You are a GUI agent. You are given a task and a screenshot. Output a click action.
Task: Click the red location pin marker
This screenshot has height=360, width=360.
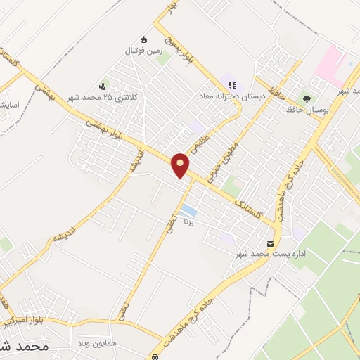pyautogui.click(x=181, y=165)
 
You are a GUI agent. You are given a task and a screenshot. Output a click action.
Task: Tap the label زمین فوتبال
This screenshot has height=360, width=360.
pyautogui.click(x=143, y=51)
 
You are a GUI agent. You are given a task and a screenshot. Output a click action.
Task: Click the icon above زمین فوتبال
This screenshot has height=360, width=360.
pyautogui.click(x=144, y=39)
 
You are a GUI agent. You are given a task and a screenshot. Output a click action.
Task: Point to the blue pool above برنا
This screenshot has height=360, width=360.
pyautogui.click(x=188, y=210)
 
